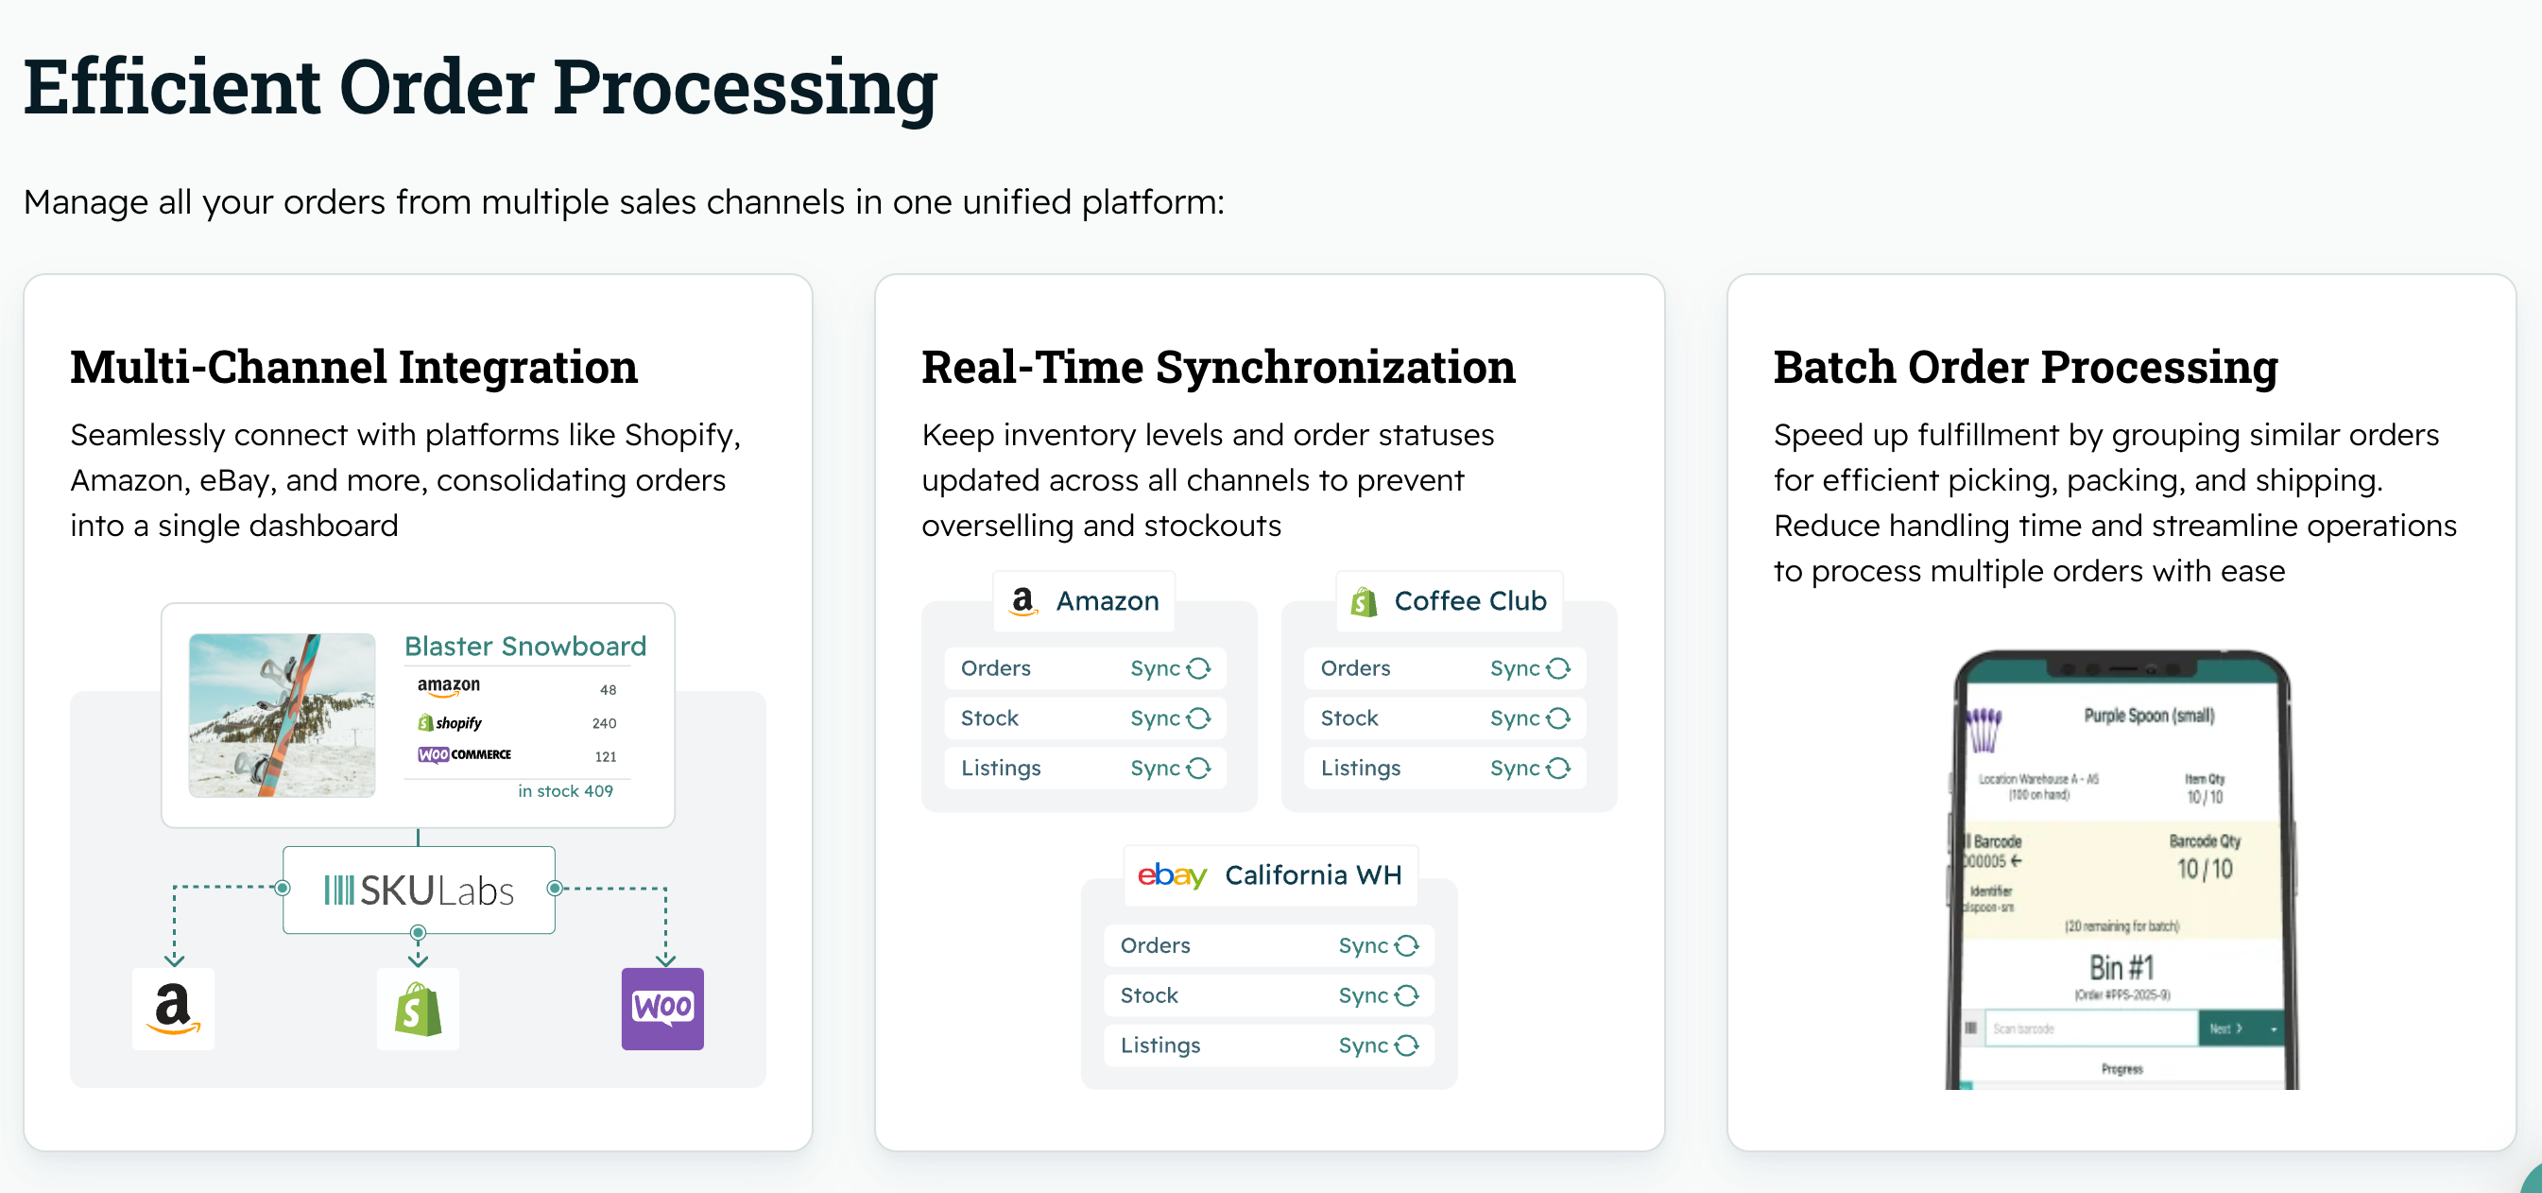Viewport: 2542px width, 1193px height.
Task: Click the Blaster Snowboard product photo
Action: (x=282, y=715)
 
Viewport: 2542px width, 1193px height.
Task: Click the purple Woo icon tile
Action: (x=662, y=1008)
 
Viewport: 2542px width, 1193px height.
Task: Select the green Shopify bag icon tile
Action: (x=418, y=1008)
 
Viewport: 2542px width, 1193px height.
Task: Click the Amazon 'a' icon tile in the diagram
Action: (x=173, y=1008)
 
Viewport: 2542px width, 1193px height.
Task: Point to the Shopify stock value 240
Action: (x=604, y=723)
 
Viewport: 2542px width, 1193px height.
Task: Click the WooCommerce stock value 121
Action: (x=605, y=757)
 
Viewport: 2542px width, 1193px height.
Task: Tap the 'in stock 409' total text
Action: (x=564, y=790)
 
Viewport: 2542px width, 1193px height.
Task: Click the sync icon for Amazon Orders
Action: (x=1198, y=668)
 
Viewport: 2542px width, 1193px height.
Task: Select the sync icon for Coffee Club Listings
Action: (x=1558, y=768)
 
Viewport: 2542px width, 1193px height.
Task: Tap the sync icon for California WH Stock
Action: (x=1406, y=994)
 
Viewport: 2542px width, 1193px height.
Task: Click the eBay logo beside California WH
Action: (x=1172, y=875)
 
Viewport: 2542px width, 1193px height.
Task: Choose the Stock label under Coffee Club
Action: (x=1348, y=718)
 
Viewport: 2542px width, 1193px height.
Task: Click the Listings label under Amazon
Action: (x=1001, y=768)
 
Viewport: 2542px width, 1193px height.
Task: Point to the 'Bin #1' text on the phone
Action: (x=2121, y=967)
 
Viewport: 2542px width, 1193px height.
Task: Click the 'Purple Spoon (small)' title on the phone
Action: (x=2148, y=716)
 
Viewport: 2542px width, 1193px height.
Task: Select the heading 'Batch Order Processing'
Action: (x=2025, y=367)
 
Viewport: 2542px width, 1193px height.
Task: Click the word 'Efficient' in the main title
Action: (x=172, y=87)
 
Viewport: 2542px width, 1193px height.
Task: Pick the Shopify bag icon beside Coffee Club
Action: (x=1364, y=601)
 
